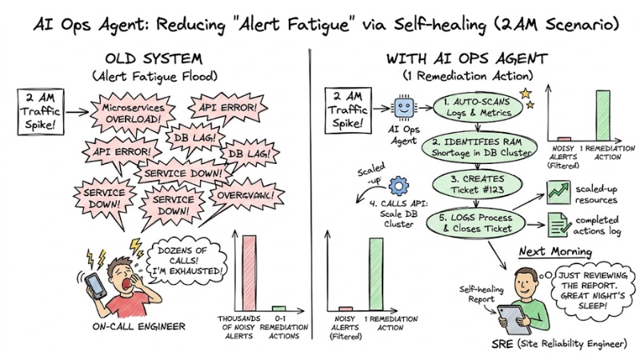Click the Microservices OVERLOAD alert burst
point(135,114)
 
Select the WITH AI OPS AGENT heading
point(469,58)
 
